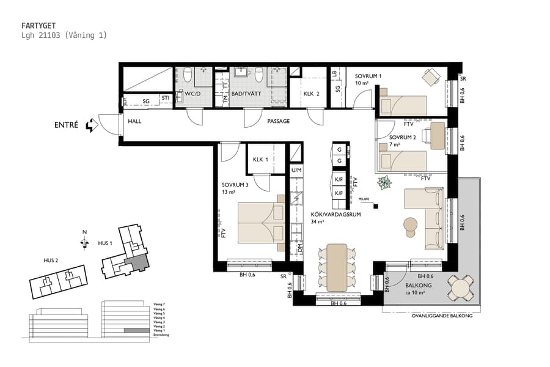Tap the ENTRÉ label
(x=67, y=125)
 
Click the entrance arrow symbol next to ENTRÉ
(x=92, y=125)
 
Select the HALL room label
(x=134, y=121)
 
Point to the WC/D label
(x=185, y=94)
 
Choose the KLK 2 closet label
(x=312, y=94)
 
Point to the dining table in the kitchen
(x=337, y=267)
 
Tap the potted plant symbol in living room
(x=385, y=182)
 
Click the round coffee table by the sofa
(x=411, y=225)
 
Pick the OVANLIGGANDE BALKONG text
(x=442, y=316)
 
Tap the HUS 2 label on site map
(x=51, y=260)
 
